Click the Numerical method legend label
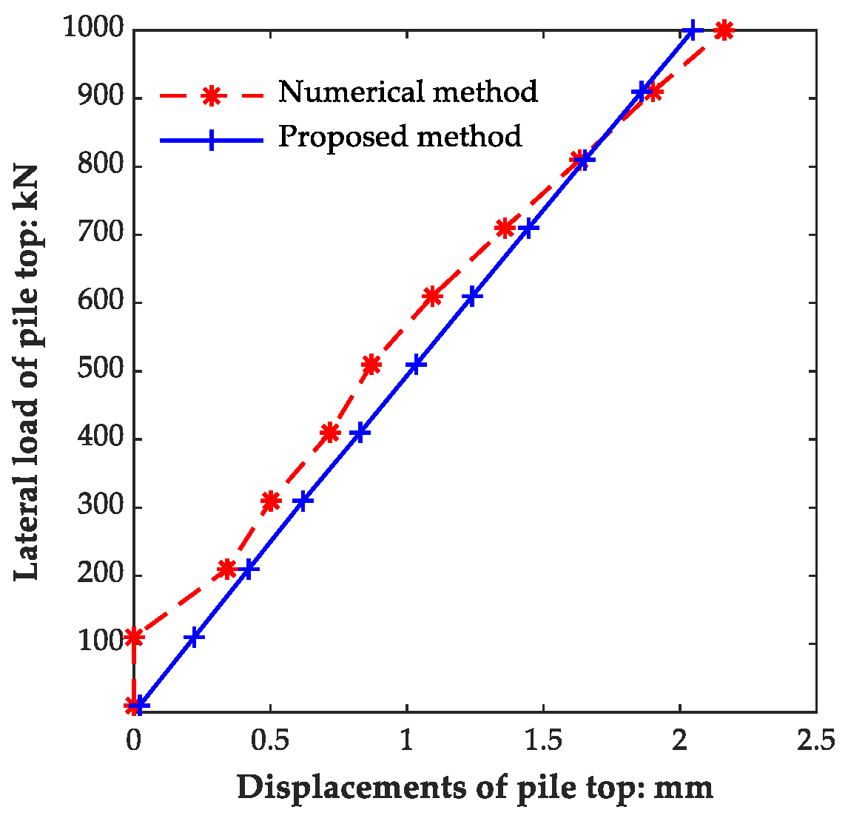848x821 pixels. pyautogui.click(x=408, y=92)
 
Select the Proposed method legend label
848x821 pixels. pyautogui.click(x=400, y=137)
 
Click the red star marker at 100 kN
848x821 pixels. pyautogui.click(x=134, y=637)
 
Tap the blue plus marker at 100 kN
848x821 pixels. pyautogui.click(x=194, y=637)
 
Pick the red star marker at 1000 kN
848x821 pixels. pyautogui.click(x=724, y=30)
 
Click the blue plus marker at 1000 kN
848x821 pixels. pyautogui.click(x=692, y=30)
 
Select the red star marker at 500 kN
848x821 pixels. pyautogui.click(x=371, y=364)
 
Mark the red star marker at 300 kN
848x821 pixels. pyautogui.click(x=271, y=501)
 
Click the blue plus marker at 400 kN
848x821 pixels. pyautogui.click(x=360, y=433)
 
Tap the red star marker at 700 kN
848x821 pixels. pyautogui.click(x=505, y=228)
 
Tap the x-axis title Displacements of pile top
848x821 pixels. pyautogui.click(x=475, y=787)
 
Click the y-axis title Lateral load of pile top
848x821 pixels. pyautogui.click(x=27, y=370)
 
